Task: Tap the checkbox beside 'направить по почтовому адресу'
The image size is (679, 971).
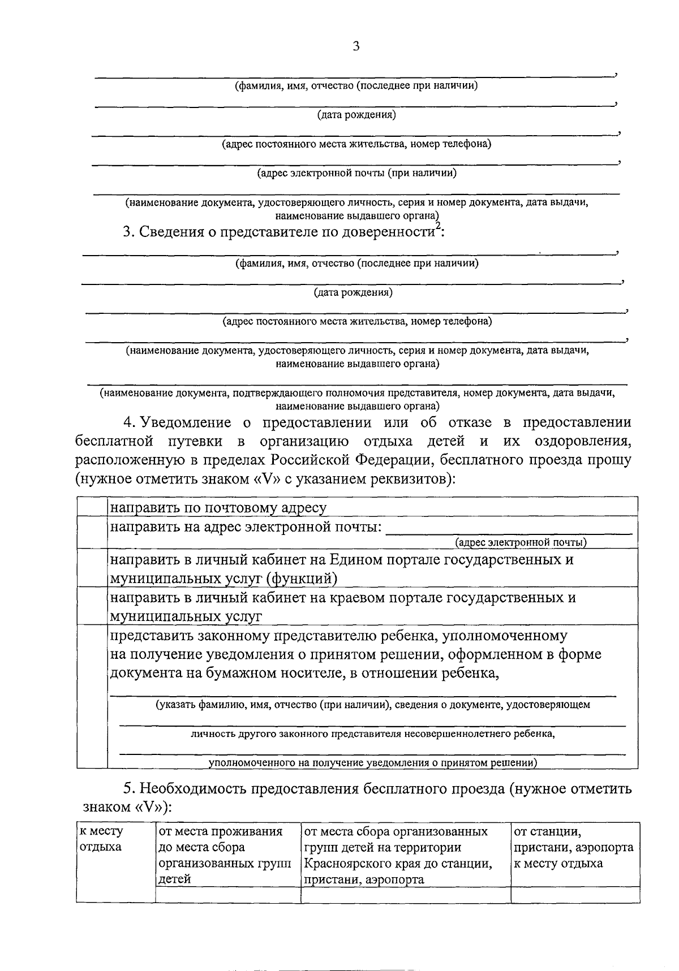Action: (92, 506)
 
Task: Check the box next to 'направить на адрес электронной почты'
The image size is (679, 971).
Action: (92, 533)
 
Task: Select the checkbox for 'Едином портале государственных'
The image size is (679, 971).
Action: (92, 568)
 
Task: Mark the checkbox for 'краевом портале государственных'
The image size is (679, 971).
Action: (92, 606)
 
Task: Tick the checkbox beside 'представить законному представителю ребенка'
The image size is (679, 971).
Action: (92, 696)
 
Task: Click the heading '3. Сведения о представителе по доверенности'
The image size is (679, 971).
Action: (283, 232)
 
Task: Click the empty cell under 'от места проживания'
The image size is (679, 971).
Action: (227, 894)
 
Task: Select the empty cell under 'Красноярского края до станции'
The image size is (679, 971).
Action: (405, 894)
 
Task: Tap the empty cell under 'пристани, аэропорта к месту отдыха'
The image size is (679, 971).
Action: (575, 894)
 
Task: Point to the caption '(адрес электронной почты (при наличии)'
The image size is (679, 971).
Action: (356, 173)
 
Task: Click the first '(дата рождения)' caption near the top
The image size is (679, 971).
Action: (356, 115)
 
